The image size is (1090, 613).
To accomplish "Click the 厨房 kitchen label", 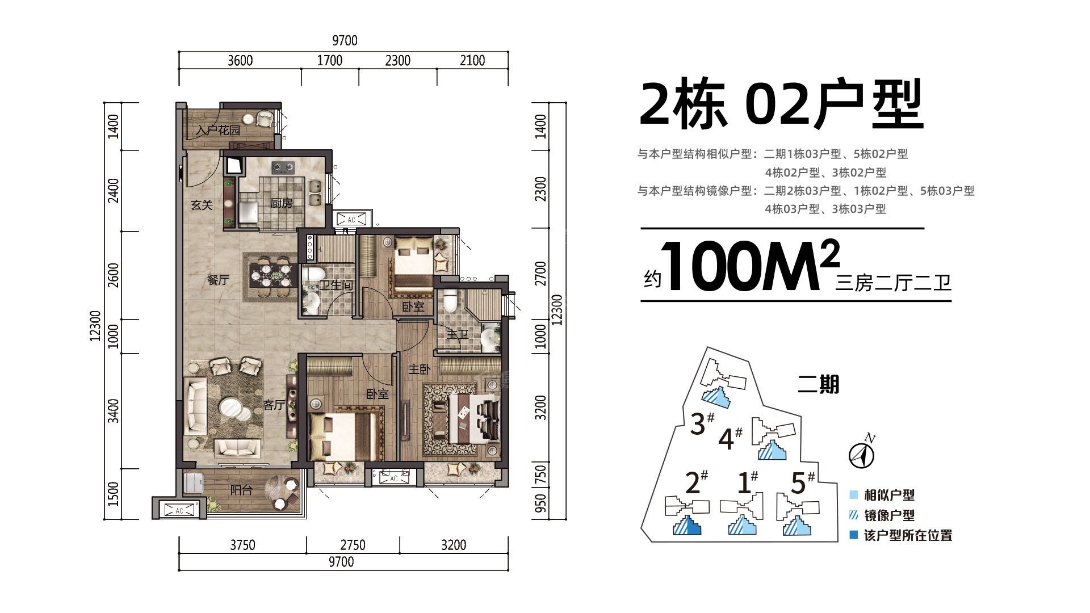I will click(x=282, y=203).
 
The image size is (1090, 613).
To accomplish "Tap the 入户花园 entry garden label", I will click(x=218, y=131).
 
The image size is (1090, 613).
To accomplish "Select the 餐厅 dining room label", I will click(x=218, y=280).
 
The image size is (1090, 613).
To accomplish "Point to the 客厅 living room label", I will click(x=274, y=405).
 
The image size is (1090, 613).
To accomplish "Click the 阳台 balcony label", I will click(x=241, y=490).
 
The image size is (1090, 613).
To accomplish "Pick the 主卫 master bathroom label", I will click(x=458, y=335).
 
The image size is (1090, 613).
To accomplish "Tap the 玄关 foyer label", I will click(x=202, y=205).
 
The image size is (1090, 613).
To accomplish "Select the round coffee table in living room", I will click(x=232, y=408).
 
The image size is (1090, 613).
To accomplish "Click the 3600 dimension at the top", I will click(x=240, y=61).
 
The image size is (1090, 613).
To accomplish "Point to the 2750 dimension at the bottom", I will click(x=353, y=545).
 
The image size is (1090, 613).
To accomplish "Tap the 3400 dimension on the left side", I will click(x=114, y=411).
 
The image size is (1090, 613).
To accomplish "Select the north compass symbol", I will click(x=861, y=454).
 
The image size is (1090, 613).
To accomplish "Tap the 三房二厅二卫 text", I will click(x=892, y=283).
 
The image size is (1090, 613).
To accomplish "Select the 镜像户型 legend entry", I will click(x=889, y=515).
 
